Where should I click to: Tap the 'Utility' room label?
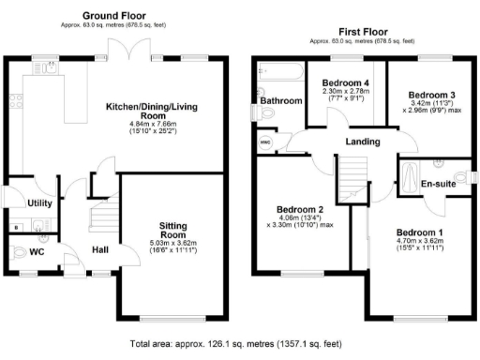point(39,202)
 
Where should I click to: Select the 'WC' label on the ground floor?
point(37,252)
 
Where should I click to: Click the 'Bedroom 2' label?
point(300,209)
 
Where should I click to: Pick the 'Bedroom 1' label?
point(418,232)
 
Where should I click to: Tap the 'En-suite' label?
point(438,184)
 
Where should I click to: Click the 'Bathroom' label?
point(280,100)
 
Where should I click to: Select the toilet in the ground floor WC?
point(21,251)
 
